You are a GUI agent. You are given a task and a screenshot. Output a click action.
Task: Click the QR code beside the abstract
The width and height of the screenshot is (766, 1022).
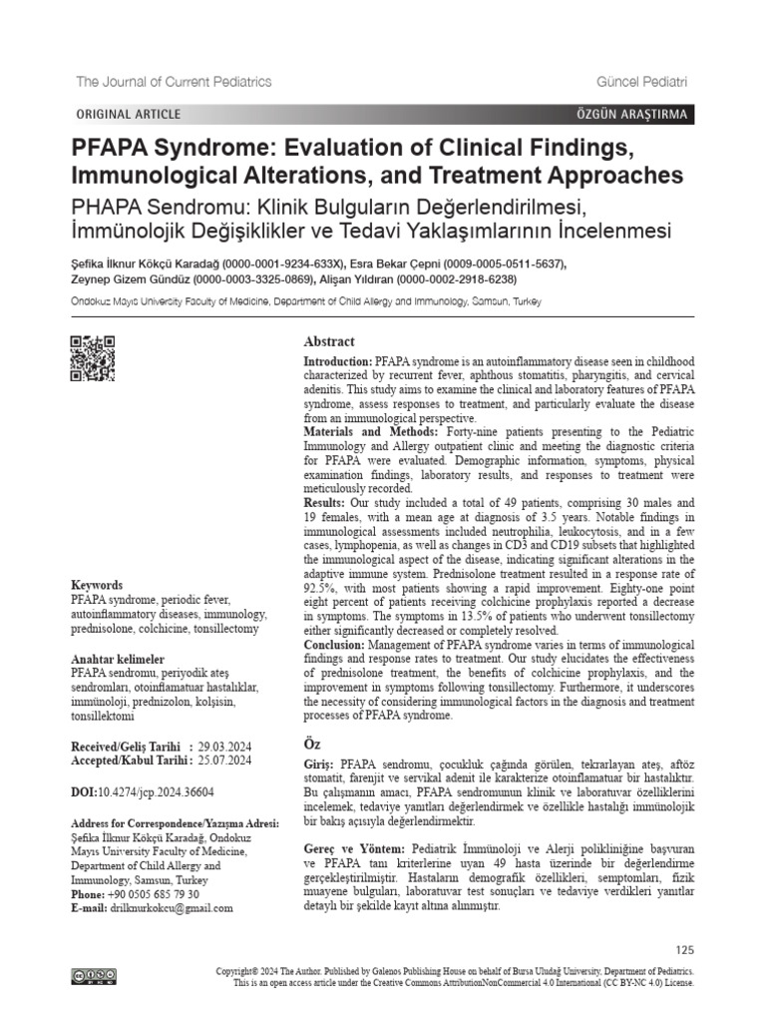pos(92,359)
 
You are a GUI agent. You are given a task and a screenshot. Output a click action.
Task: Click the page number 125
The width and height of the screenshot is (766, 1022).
pos(684,949)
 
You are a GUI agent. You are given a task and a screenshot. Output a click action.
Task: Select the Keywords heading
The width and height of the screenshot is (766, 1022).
pos(97,585)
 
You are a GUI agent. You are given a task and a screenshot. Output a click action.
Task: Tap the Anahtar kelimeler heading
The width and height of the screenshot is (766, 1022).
pos(118,661)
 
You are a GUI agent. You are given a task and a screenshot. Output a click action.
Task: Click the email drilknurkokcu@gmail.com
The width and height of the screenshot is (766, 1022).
pos(173,908)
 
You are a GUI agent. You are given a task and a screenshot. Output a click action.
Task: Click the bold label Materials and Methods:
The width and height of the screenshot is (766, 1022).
pos(363,432)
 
